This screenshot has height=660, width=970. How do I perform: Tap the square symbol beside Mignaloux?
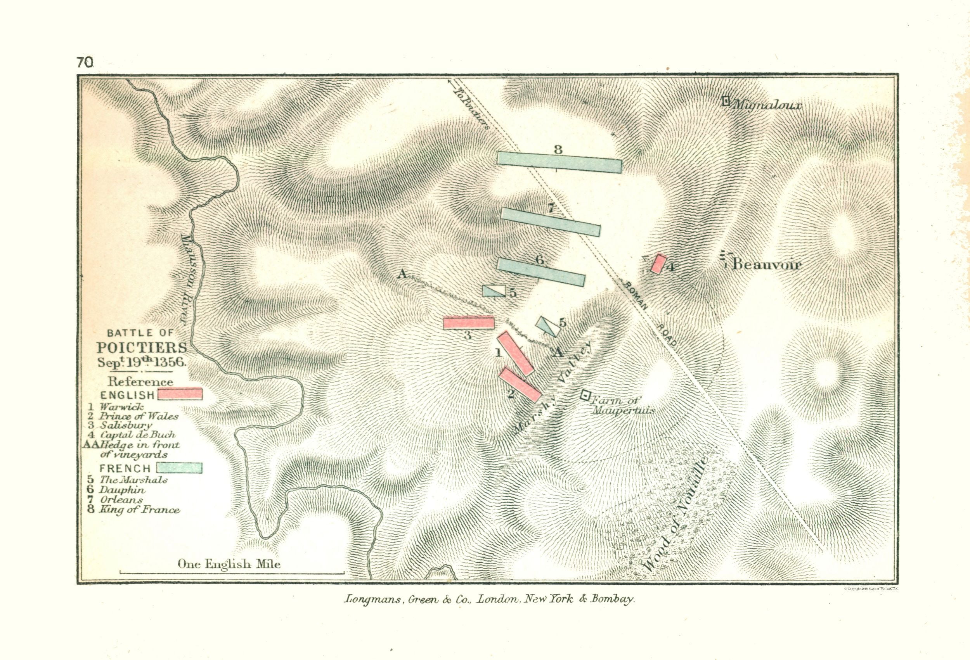pyautogui.click(x=726, y=101)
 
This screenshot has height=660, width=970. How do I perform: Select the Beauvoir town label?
pyautogui.click(x=766, y=264)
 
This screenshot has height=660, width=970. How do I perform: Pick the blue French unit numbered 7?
pyautogui.click(x=551, y=221)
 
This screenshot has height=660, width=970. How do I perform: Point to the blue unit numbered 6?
pyautogui.click(x=540, y=271)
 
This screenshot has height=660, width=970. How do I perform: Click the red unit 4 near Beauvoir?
pyautogui.click(x=658, y=264)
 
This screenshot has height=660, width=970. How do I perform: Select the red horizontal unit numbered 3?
pyautogui.click(x=469, y=323)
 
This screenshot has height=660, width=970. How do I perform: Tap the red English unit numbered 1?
pyautogui.click(x=515, y=353)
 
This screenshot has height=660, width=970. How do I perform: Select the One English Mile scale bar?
pyautogui.click(x=232, y=572)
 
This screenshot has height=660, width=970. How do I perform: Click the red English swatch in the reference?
pyautogui.click(x=180, y=394)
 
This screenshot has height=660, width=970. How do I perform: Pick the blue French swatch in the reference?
pyautogui.click(x=180, y=468)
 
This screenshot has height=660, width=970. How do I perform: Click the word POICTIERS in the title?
pyautogui.click(x=142, y=347)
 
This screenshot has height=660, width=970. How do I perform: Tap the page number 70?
pyautogui.click(x=85, y=62)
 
